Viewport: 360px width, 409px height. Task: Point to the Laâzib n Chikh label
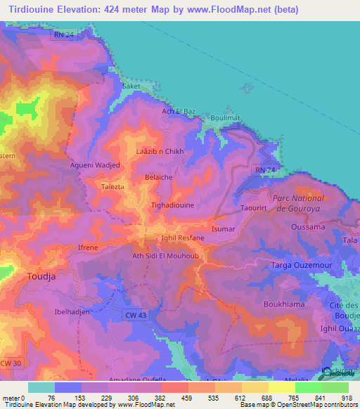pyautogui.click(x=160, y=152)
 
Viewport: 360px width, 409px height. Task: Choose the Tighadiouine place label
pyautogui.click(x=173, y=205)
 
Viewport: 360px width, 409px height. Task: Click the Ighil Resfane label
pyautogui.click(x=183, y=238)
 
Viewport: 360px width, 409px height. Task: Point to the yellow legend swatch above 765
pyautogui.click(x=281, y=387)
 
